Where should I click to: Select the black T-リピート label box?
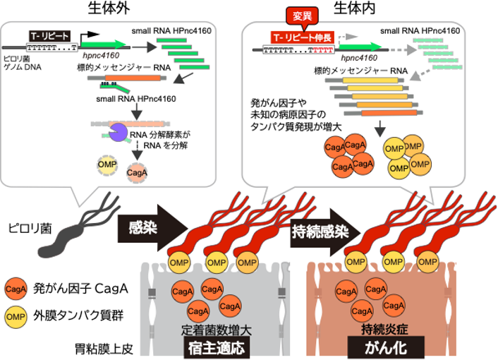(51, 35)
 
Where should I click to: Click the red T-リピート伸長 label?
(305, 35)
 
